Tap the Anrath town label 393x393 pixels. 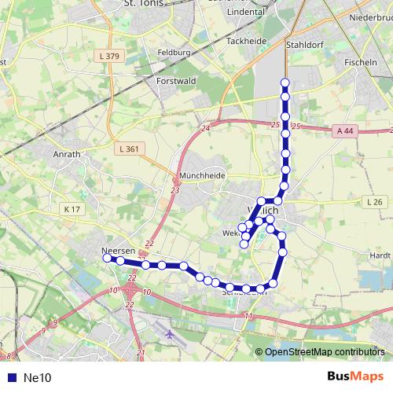(67, 154)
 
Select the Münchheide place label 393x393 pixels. (202, 175)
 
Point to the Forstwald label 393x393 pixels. (175, 80)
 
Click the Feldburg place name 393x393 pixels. (174, 53)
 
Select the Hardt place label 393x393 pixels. (380, 255)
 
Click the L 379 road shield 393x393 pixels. (110, 56)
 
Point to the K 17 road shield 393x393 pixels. (72, 209)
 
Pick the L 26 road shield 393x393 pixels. (374, 202)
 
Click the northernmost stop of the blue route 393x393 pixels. (285, 83)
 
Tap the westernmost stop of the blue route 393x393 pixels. (107, 257)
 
